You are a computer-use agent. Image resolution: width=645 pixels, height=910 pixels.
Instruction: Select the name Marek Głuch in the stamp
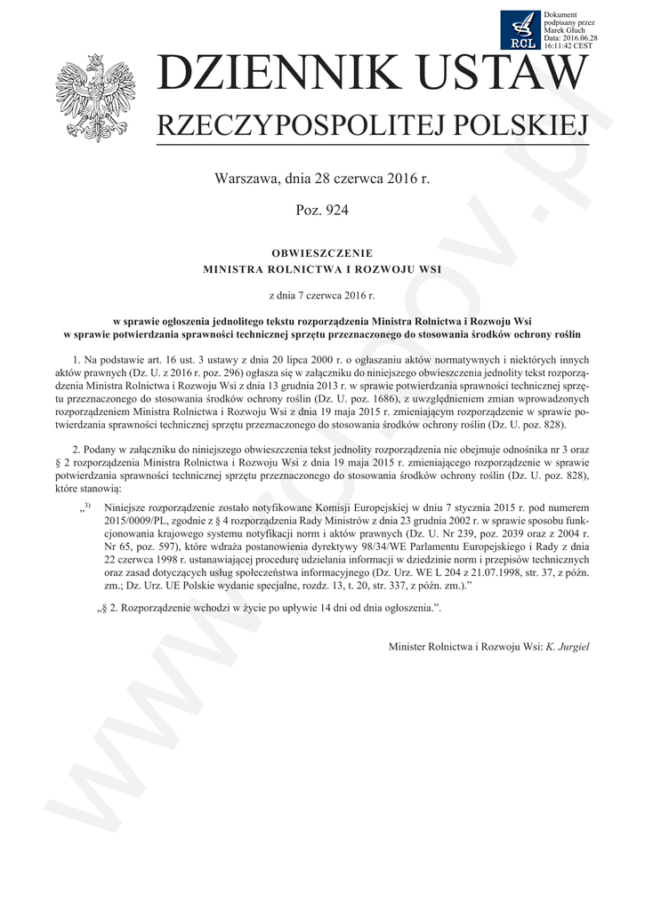pos(566,31)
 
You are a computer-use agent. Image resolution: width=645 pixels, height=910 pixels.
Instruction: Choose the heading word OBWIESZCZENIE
pos(321,253)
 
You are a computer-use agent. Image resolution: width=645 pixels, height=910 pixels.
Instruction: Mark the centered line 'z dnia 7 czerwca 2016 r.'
pos(321,291)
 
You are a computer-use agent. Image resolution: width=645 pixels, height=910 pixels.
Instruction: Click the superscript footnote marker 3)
pos(87,505)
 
